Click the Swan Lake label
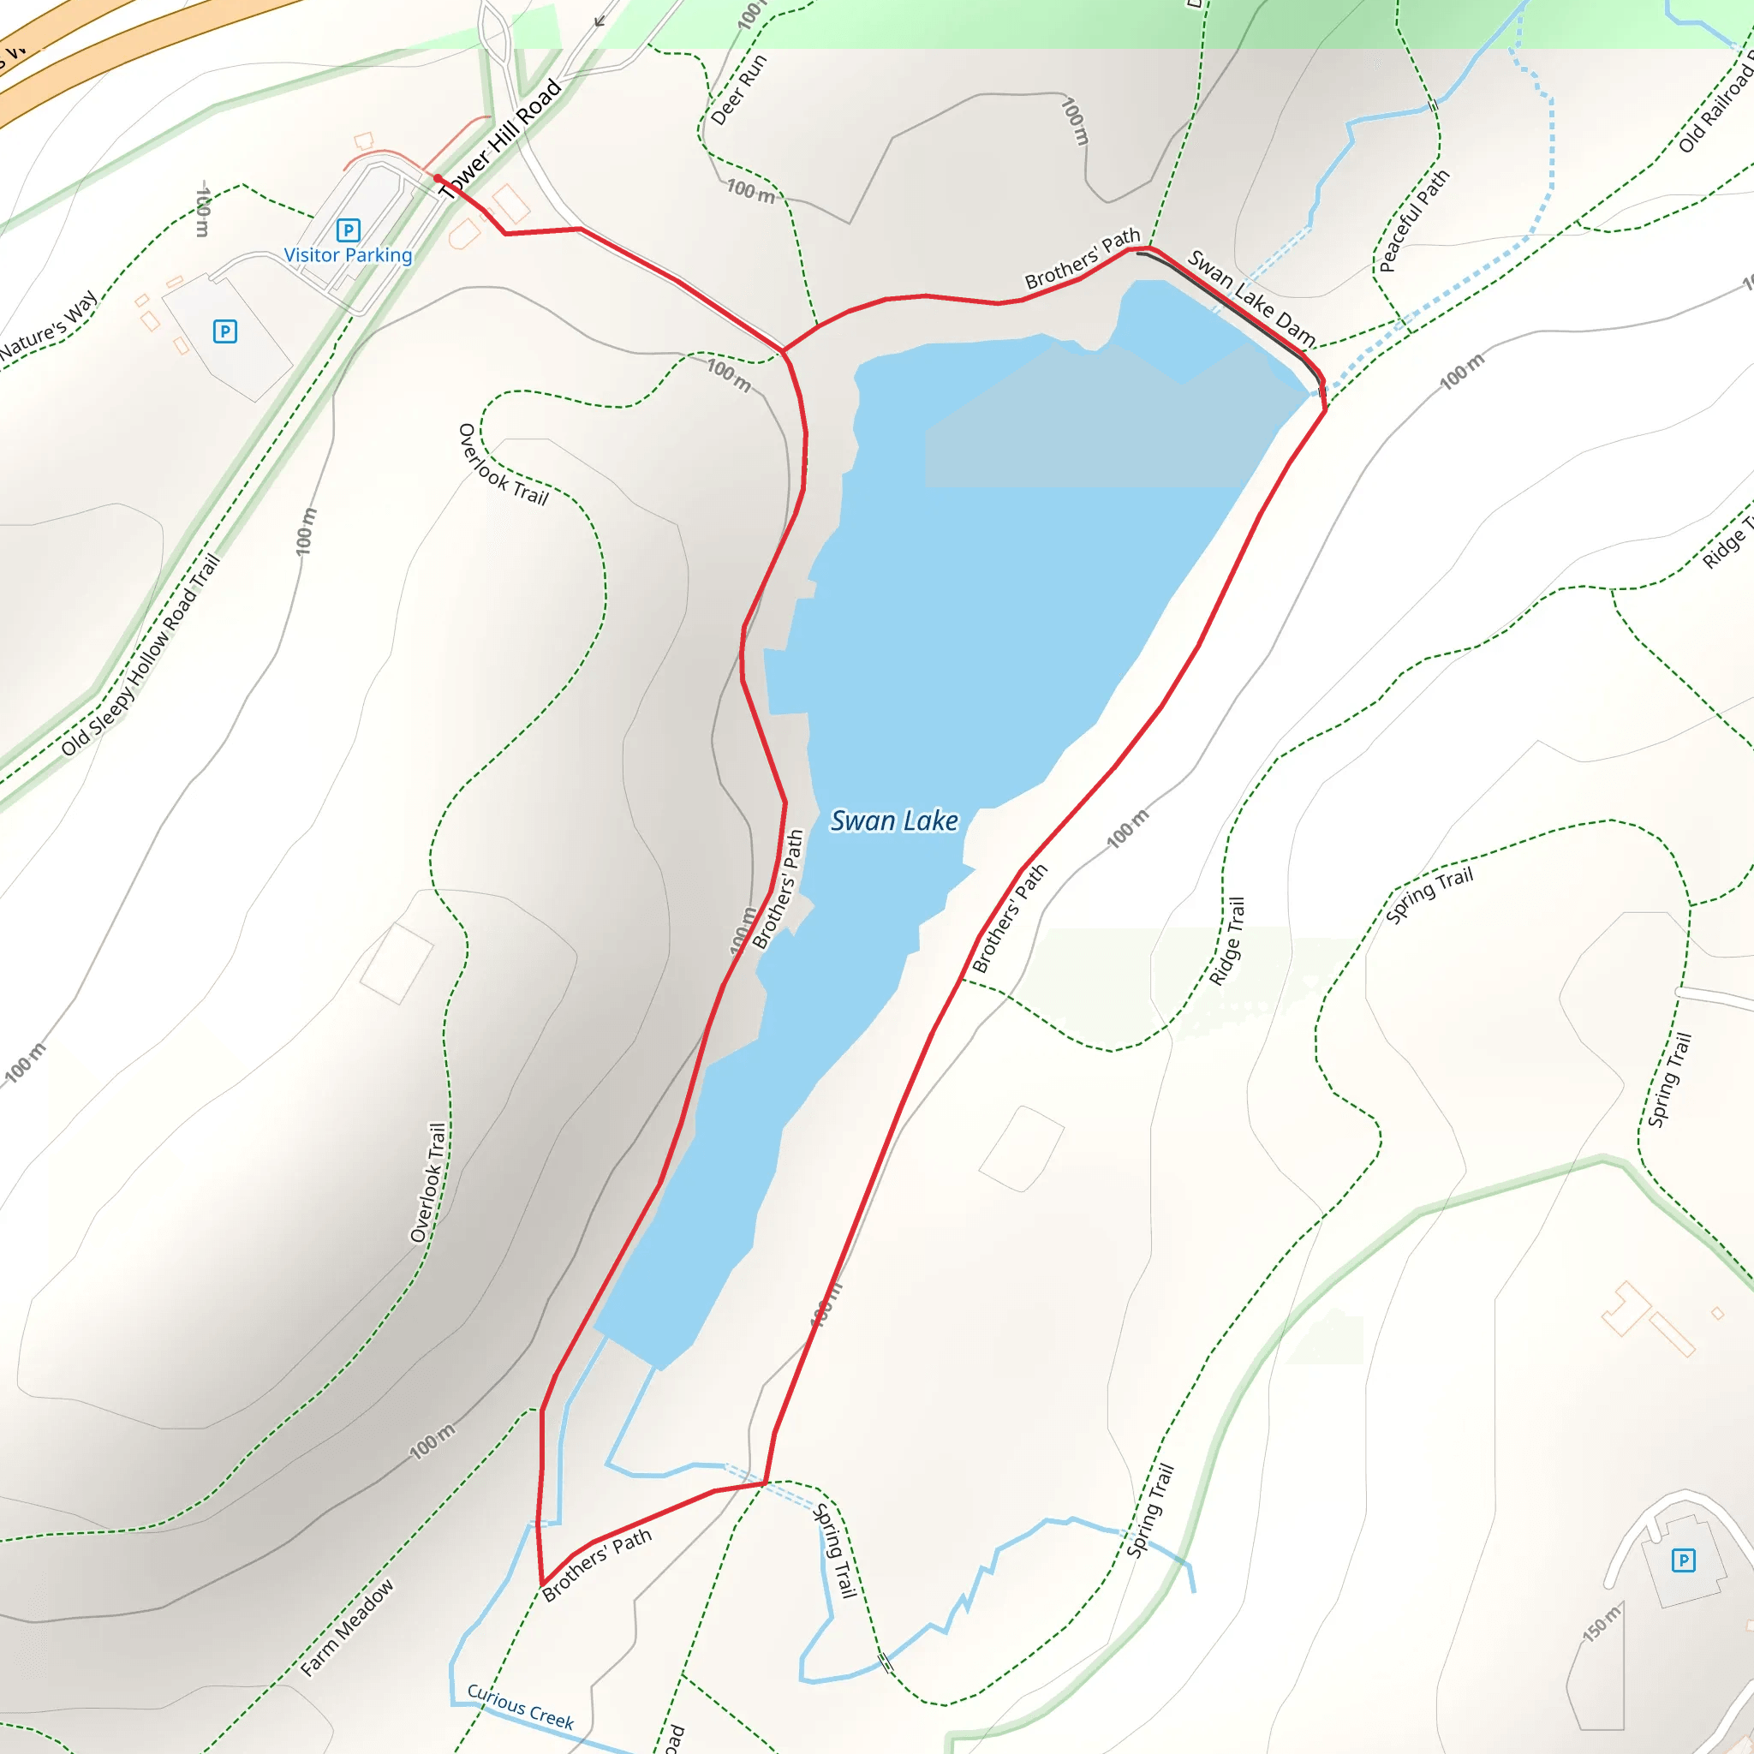tap(894, 820)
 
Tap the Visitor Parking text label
tap(348, 255)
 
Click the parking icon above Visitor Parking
tap(348, 230)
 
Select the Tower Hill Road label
tap(500, 139)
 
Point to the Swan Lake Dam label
tap(1251, 297)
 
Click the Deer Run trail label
tap(738, 89)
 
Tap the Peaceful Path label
tap(1413, 221)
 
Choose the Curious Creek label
tap(520, 1706)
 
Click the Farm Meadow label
tap(348, 1627)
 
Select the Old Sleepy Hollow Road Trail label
tap(140, 654)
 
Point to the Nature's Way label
tap(49, 325)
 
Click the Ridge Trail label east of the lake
tap(1227, 941)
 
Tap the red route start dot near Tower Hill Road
tap(438, 179)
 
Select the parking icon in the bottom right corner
tap(1683, 1560)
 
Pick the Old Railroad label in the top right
tap(1715, 100)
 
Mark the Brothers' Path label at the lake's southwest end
tap(596, 1563)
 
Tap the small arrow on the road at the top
tap(600, 20)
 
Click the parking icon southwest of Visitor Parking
tap(225, 331)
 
